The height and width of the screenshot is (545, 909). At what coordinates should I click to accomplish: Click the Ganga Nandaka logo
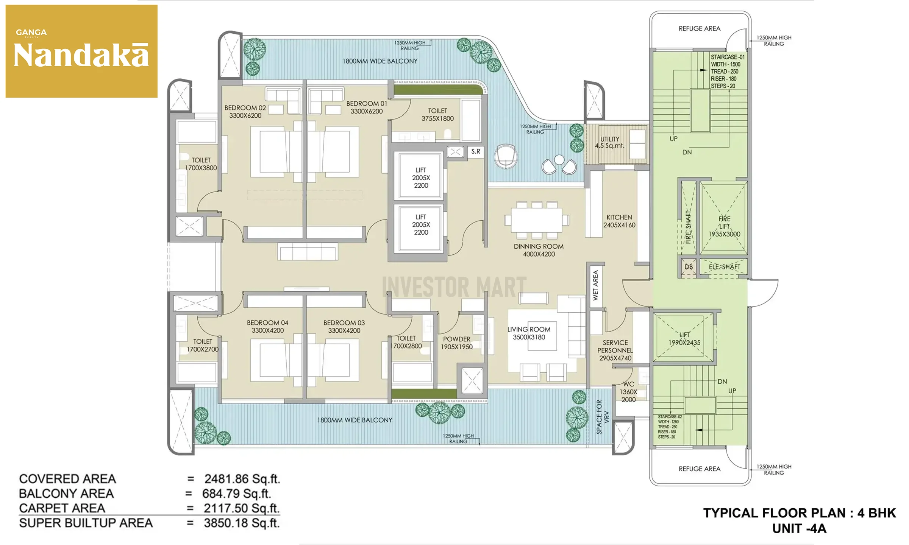coord(81,51)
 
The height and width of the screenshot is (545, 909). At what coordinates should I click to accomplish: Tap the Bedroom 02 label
coord(245,112)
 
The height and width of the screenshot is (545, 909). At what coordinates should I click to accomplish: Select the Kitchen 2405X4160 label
coord(619,221)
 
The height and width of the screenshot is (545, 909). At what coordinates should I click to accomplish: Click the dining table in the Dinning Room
coord(537,220)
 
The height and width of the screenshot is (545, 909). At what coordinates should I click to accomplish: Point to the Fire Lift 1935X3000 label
coord(724,226)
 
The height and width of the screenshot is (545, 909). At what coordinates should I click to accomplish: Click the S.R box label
coord(476,151)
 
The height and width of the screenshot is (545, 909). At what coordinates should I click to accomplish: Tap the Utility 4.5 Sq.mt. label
coord(610,142)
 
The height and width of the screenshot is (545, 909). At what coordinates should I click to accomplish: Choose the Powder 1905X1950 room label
coord(457,343)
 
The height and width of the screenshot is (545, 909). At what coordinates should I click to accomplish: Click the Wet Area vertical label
coord(595,285)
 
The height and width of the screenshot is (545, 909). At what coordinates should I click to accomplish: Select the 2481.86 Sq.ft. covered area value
coord(242,479)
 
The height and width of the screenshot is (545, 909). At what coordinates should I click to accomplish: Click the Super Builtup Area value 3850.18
coord(242,523)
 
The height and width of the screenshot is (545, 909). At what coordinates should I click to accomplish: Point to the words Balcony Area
coord(66,494)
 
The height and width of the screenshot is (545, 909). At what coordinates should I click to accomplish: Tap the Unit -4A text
coord(799,529)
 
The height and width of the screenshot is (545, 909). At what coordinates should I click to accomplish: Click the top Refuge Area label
coord(700,28)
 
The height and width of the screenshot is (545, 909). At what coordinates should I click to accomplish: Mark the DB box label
coord(689,267)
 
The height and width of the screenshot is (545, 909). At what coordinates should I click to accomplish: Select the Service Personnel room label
coord(615,350)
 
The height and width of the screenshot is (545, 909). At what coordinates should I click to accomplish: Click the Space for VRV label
coord(602,417)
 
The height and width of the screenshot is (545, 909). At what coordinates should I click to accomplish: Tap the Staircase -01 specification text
coord(728,72)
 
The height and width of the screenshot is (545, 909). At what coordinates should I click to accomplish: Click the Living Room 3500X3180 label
coord(529,333)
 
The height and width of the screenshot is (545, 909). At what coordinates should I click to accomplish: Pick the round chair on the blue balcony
coord(506,156)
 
